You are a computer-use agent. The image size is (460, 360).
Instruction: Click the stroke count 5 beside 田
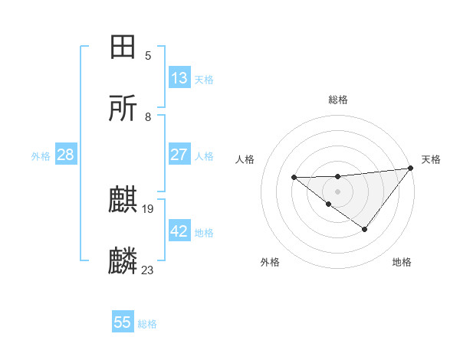[148, 56]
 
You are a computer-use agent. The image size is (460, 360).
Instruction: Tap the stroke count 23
[148, 270]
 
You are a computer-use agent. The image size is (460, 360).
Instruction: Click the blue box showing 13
[179, 78]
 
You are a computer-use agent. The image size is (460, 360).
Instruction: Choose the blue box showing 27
[179, 155]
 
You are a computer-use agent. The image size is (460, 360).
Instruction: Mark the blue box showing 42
[179, 231]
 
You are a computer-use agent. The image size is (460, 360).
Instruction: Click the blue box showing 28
[65, 155]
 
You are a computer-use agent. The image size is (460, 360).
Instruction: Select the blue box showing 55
[123, 322]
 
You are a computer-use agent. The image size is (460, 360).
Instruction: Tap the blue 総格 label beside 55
[147, 324]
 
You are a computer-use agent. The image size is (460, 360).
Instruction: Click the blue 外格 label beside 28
[41, 156]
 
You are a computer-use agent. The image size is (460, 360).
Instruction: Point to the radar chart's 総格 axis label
[337, 100]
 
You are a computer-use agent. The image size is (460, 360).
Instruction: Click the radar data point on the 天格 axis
[411, 168]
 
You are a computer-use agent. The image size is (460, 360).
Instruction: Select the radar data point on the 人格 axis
[294, 178]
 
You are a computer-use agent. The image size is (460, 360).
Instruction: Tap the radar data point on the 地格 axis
[365, 229]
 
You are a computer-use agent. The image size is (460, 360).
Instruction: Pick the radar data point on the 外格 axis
[328, 204]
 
